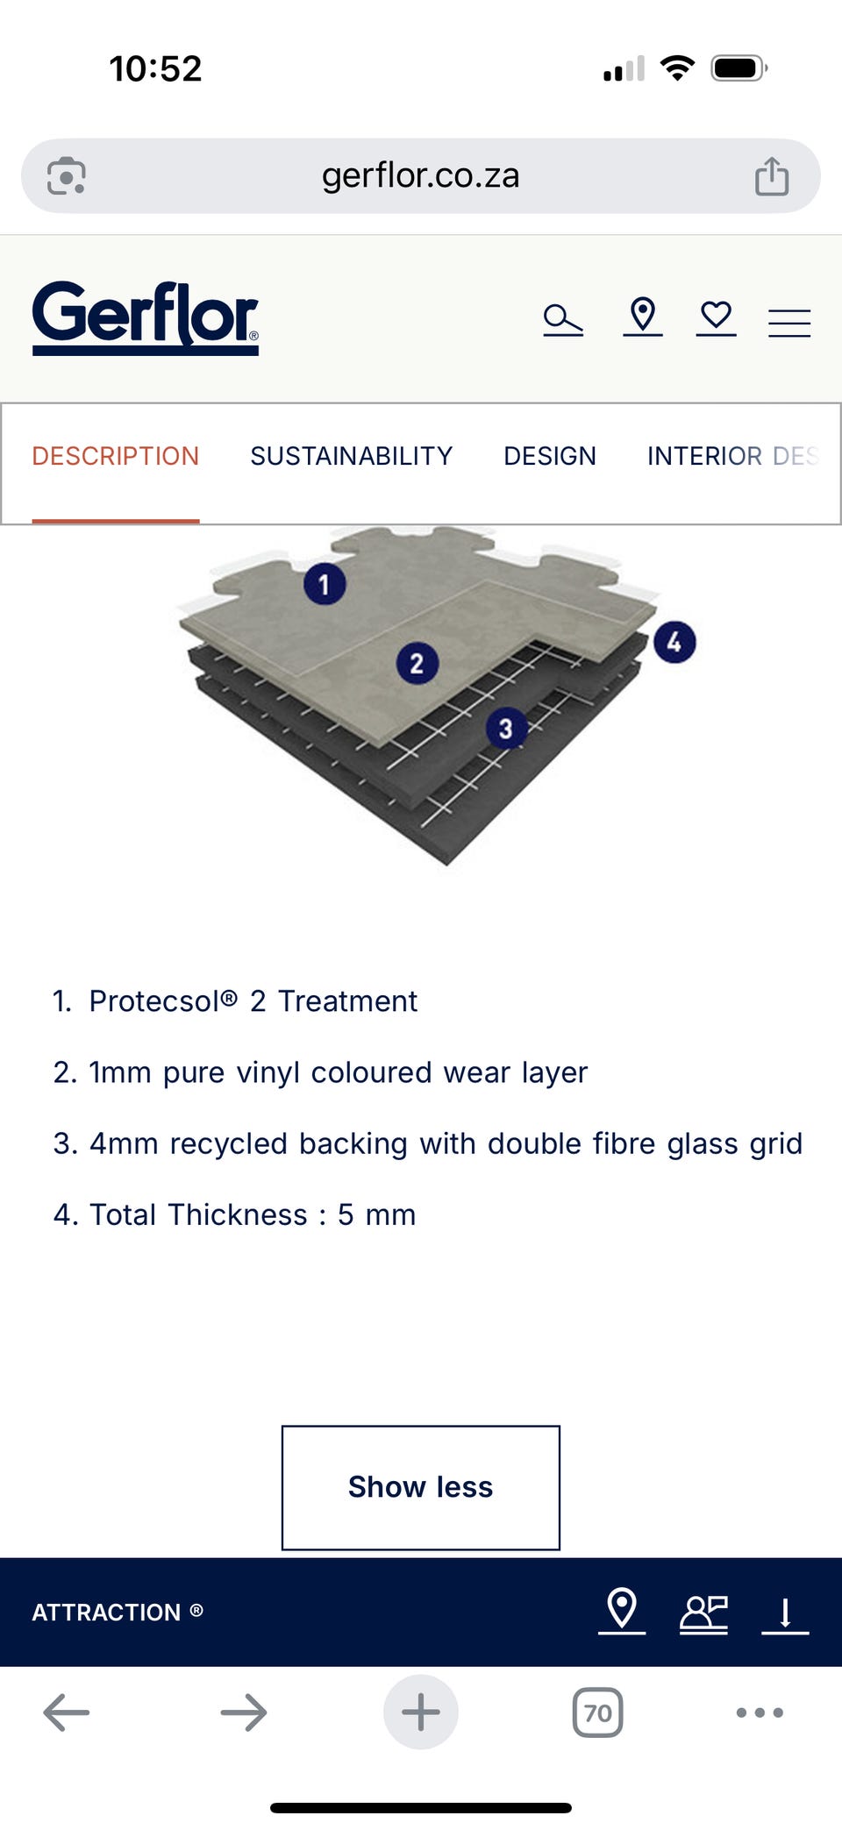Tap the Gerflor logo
coord(146,317)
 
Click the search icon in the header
coord(563,319)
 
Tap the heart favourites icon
coord(717,317)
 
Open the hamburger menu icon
coord(789,323)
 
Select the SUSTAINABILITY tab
coord(352,456)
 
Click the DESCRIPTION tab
coord(116,456)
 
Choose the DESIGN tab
coord(550,456)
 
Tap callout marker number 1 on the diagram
coord(325,584)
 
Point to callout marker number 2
coord(417,664)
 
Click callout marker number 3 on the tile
coord(506,729)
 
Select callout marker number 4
coord(674,642)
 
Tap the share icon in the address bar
coord(772,175)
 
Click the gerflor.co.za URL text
coord(421,175)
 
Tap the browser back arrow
coord(67,1713)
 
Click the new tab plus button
coord(421,1713)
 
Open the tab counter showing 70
coord(598,1713)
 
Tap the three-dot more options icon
coord(760,1713)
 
